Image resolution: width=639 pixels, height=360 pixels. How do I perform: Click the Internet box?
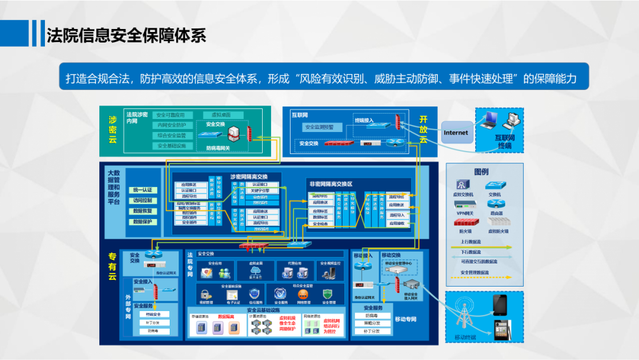[x=456, y=133]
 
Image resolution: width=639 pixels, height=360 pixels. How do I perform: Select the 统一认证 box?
[x=142, y=190]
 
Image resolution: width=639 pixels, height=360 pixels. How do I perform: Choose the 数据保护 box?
[x=142, y=221]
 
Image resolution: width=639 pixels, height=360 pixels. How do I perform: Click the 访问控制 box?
[x=142, y=201]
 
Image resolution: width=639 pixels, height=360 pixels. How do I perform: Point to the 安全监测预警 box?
[x=319, y=127]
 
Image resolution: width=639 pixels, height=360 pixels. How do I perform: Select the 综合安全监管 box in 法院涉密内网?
[x=172, y=136]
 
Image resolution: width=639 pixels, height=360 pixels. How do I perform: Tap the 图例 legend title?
[x=481, y=172]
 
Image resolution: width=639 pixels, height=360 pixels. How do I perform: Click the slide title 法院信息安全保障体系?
[x=126, y=35]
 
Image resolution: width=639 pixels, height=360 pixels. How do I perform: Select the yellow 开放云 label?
[x=423, y=129]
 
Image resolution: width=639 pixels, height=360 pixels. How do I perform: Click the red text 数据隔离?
[x=227, y=317]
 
